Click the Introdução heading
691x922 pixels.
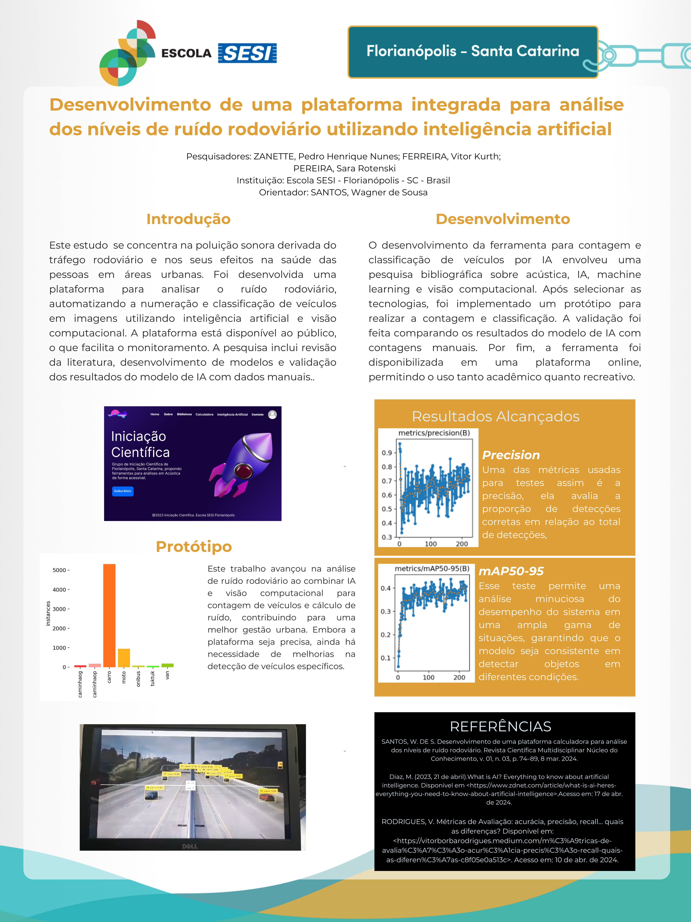[188, 219]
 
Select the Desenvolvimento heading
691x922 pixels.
[503, 219]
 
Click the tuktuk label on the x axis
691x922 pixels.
[152, 678]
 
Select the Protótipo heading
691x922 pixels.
[194, 546]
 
